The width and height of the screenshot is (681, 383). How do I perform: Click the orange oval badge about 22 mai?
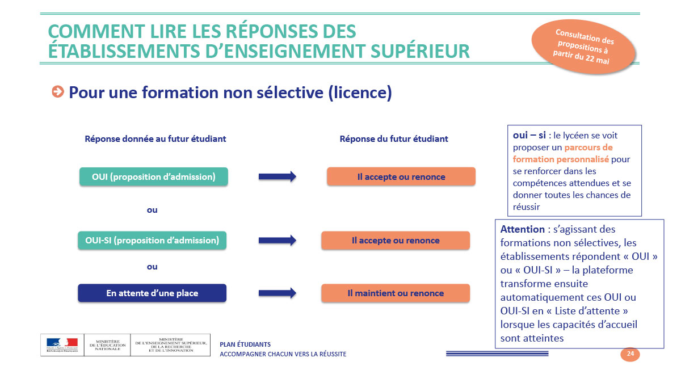pos(583,47)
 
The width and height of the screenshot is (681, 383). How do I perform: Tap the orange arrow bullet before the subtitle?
pos(58,91)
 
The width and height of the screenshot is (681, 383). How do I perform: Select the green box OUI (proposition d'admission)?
pos(154,176)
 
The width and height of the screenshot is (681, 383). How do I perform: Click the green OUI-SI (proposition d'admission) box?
pos(152,241)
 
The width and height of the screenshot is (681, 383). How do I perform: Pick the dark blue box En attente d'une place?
pos(152,293)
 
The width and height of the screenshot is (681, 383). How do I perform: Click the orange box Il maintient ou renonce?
pos(396,293)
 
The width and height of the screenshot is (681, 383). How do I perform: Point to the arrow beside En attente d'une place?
pos(278,293)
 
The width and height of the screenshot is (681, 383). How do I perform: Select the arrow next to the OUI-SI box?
pos(278,241)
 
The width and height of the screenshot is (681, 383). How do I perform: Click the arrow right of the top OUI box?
pos(278,176)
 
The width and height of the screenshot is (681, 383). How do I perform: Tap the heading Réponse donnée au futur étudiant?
pos(155,139)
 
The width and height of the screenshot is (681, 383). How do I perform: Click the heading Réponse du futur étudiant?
pos(394,139)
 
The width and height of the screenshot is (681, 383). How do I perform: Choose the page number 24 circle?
pos(630,354)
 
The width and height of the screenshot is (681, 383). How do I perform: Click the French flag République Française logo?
pos(62,345)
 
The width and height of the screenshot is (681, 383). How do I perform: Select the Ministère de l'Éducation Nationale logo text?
pos(108,345)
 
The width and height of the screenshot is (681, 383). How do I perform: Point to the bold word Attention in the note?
pos(523,229)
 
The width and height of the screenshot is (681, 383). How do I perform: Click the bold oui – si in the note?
pos(529,135)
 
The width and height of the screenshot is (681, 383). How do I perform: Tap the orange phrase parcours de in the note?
pos(588,148)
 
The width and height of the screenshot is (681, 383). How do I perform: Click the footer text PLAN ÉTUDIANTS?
pos(245,344)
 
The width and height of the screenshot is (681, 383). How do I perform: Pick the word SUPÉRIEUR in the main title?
pos(420,51)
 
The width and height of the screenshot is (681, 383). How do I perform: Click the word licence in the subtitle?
pos(360,92)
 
